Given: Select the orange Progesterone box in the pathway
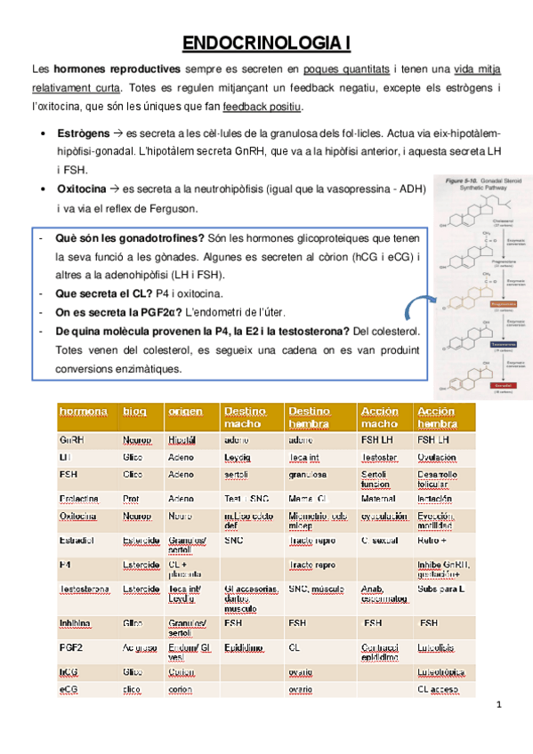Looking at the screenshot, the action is (x=480, y=302).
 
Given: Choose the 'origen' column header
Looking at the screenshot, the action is (x=183, y=412).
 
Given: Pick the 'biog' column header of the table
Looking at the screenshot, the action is (x=134, y=412).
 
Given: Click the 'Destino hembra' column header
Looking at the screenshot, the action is (x=311, y=417).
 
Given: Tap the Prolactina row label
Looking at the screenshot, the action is (x=79, y=498).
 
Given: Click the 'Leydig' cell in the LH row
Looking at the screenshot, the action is (x=238, y=457).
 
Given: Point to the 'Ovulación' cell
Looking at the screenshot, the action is (x=437, y=457).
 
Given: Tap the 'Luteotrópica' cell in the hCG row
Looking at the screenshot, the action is (x=442, y=672).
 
